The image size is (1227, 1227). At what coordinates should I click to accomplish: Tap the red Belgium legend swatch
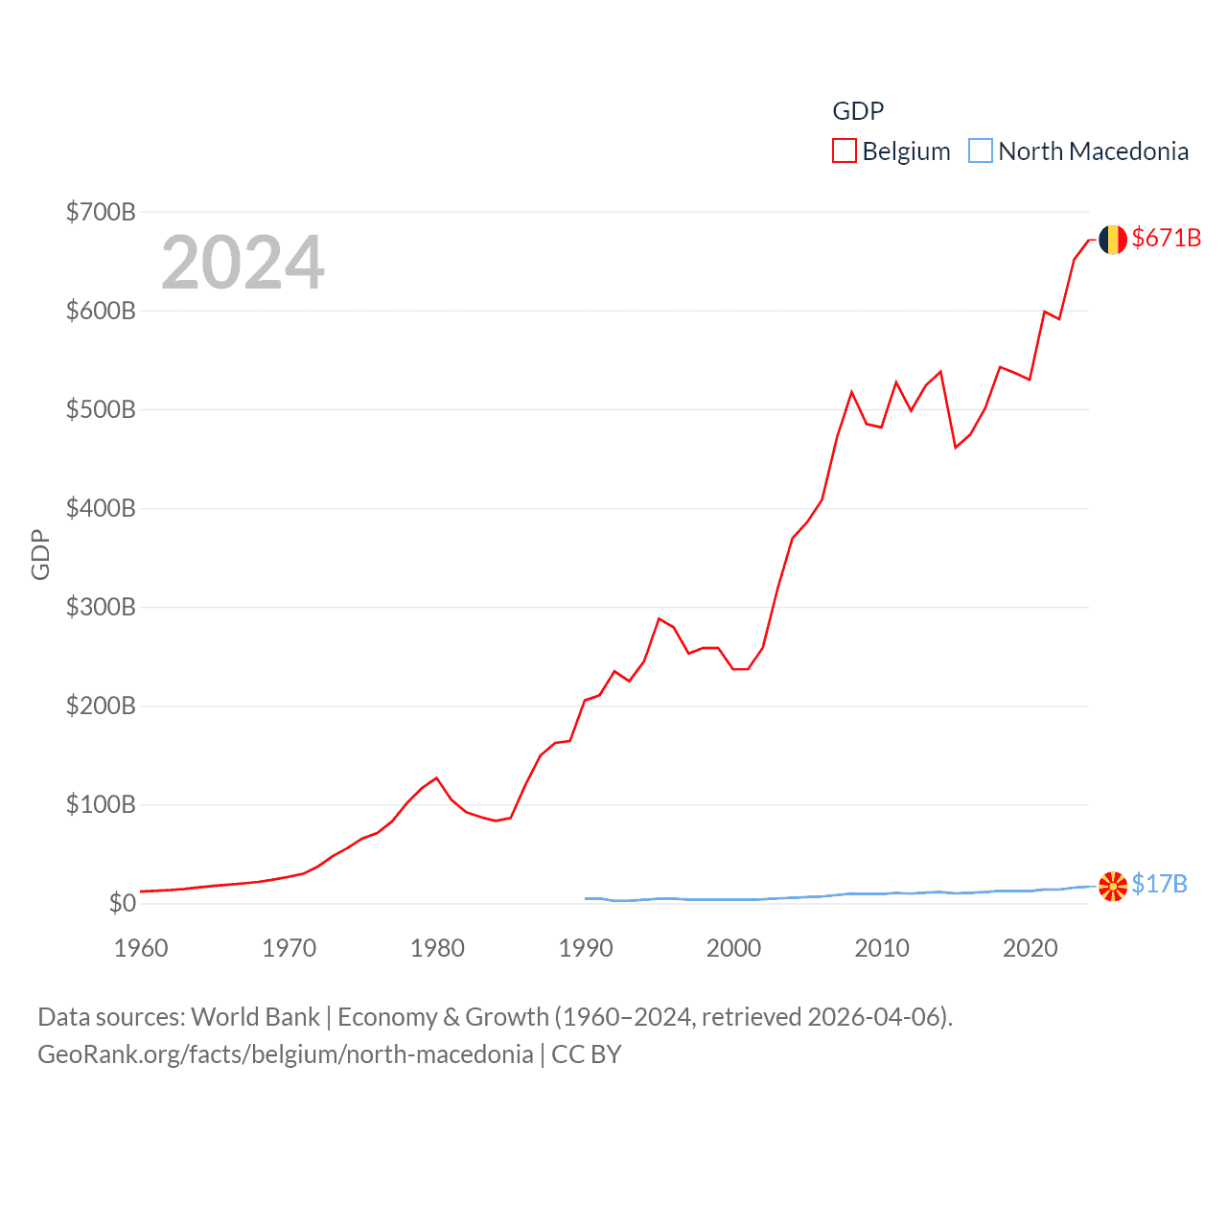[x=844, y=151]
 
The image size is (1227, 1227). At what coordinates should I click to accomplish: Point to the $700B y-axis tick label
[x=101, y=212]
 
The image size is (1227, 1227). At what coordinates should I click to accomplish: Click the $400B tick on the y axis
[x=101, y=508]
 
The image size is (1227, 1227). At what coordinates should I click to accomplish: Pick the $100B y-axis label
[x=101, y=804]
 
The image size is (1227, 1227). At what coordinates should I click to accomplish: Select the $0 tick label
[x=122, y=903]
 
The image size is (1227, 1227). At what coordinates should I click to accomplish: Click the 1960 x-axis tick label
[x=141, y=948]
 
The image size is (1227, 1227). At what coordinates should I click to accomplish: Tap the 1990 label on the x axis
[x=586, y=948]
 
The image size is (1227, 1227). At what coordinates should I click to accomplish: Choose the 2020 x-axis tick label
[x=1030, y=948]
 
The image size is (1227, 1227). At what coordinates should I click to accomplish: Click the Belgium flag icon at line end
[x=1112, y=240]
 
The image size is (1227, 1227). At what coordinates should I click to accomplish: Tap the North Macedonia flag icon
[x=1112, y=887]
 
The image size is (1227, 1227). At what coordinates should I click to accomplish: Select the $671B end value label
[x=1166, y=238]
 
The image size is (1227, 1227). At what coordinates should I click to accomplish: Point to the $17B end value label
[x=1159, y=884]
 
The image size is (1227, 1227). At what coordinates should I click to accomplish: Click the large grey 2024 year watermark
[x=243, y=263]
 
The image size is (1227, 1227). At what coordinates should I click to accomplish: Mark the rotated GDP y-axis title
[x=40, y=554]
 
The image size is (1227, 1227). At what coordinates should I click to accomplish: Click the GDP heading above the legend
[x=858, y=111]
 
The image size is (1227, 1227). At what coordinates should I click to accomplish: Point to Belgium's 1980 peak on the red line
[x=436, y=777]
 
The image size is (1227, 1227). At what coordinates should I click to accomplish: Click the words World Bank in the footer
[x=255, y=1016]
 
